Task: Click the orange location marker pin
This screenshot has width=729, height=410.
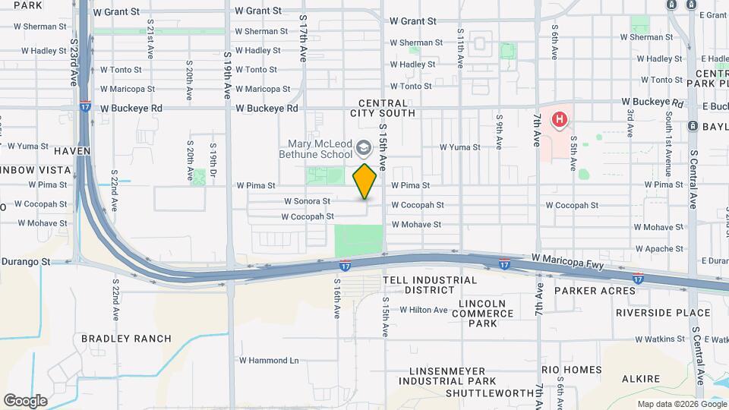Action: pyautogui.click(x=365, y=181)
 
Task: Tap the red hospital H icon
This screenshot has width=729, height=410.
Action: pyautogui.click(x=560, y=119)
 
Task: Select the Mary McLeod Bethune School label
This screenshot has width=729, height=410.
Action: pyautogui.click(x=320, y=149)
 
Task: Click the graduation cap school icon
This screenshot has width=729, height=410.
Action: pyautogui.click(x=364, y=147)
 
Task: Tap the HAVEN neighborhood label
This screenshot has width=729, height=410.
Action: pyautogui.click(x=72, y=151)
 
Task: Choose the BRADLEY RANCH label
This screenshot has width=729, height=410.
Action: pyautogui.click(x=126, y=339)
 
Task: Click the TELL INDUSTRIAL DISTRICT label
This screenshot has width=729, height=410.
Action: pyautogui.click(x=430, y=285)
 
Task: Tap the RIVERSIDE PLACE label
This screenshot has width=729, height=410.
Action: pyautogui.click(x=663, y=313)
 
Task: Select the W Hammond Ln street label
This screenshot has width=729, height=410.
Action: pyautogui.click(x=269, y=361)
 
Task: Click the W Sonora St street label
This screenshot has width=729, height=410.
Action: pyautogui.click(x=307, y=201)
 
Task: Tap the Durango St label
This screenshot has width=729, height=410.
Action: pyautogui.click(x=25, y=261)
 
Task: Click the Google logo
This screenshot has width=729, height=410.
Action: pyautogui.click(x=25, y=400)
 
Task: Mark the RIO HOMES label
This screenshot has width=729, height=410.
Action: pyautogui.click(x=571, y=371)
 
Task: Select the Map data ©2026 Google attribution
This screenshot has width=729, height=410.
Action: pyautogui.click(x=681, y=404)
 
